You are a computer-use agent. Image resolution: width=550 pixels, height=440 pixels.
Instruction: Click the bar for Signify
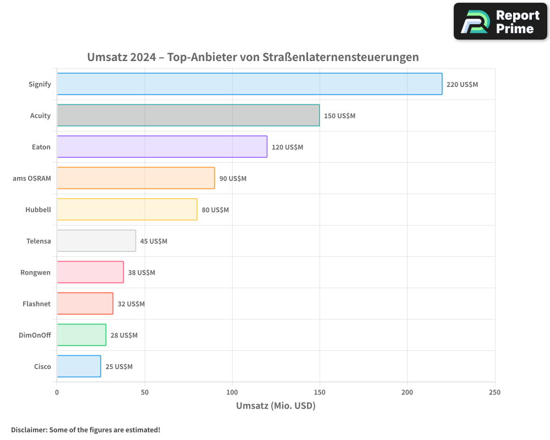coord(249,84)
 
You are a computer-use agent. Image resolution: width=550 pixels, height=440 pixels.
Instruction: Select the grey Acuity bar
coord(188,116)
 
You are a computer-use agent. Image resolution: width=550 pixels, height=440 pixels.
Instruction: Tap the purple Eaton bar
coord(162,147)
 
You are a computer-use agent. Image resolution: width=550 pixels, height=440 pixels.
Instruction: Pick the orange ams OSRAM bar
coord(135,178)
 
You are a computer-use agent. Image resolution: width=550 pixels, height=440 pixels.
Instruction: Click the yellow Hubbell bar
coord(127,210)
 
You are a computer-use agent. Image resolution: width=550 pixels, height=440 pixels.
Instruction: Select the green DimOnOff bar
coord(81,335)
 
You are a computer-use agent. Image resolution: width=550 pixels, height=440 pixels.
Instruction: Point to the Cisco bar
coord(79,366)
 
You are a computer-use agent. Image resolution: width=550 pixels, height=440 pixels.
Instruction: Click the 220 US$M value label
coord(462,85)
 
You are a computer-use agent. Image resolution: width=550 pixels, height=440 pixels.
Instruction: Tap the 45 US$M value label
coord(153,241)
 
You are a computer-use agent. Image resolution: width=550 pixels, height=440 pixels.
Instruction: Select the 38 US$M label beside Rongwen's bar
coord(141,273)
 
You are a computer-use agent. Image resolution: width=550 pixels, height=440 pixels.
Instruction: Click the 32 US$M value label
coord(131,304)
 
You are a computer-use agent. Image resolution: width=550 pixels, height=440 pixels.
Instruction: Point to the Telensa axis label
coord(38,241)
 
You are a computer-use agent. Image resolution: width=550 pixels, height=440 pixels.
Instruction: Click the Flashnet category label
coord(37,304)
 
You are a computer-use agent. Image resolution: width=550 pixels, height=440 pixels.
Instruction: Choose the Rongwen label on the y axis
coord(36,272)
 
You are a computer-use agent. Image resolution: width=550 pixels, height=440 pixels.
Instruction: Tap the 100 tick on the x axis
coord(232,392)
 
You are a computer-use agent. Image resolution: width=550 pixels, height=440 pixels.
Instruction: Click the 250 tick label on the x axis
coord(494,392)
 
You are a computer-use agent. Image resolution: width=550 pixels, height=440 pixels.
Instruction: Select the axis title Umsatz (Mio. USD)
coord(276,406)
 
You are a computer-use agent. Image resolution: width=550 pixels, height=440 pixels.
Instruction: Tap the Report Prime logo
coord(500,21)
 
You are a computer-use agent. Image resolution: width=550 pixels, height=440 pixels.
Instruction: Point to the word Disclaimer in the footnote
coord(29,430)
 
